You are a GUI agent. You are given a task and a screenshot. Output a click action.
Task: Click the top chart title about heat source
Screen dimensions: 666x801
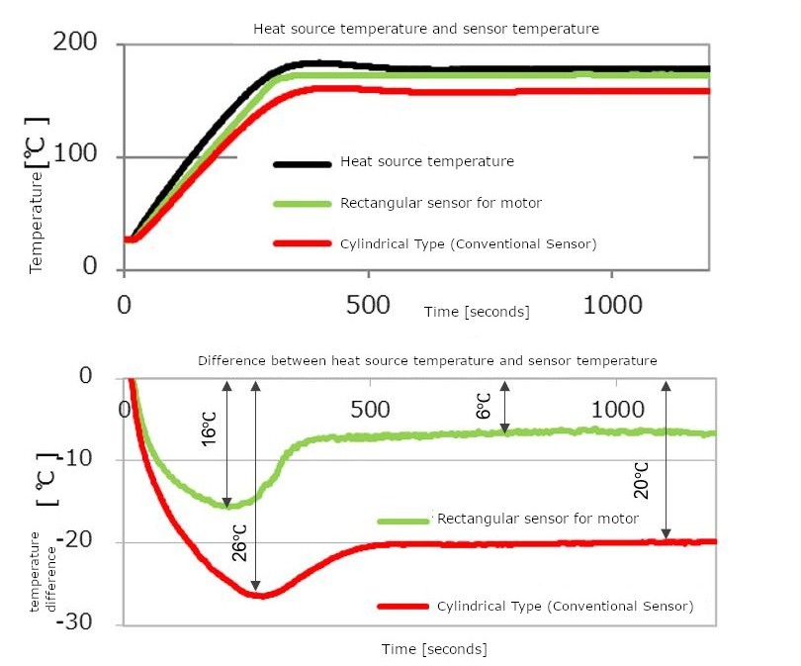tap(426, 29)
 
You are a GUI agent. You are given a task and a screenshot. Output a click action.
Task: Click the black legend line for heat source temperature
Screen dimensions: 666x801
tap(303, 161)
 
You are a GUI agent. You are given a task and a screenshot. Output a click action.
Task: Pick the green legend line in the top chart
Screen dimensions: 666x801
tap(303, 203)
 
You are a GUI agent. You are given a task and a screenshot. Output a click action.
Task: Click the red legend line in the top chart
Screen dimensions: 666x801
tap(303, 243)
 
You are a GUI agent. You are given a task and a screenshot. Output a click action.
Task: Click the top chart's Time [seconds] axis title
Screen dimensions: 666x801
tap(477, 311)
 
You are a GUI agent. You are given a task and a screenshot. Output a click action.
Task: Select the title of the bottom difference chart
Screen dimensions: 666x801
tap(427, 360)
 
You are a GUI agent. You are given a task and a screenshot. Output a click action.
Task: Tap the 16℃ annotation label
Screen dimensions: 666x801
tap(209, 428)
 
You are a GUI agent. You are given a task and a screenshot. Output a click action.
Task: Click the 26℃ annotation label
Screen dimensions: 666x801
tap(239, 542)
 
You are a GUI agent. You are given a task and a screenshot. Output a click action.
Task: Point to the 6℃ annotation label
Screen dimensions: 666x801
tap(484, 405)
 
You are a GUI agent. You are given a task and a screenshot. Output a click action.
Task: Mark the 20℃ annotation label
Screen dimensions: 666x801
tap(641, 479)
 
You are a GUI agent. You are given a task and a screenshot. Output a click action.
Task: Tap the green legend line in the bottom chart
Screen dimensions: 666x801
tap(402, 520)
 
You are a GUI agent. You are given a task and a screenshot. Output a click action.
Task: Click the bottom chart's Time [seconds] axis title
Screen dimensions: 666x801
tap(434, 649)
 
